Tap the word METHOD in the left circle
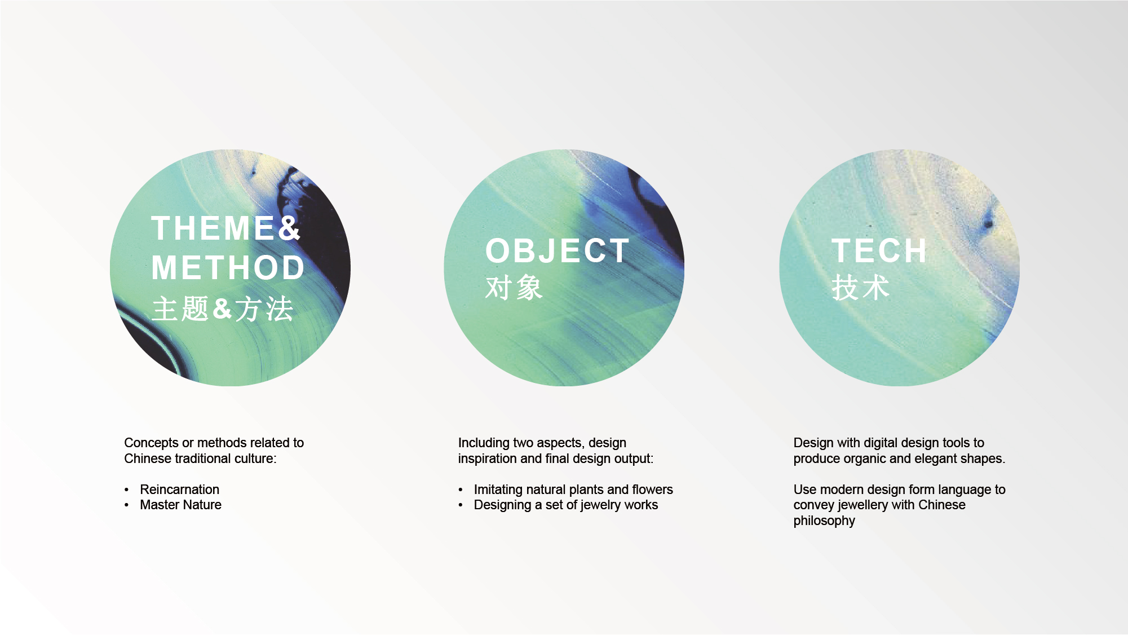pyautogui.click(x=228, y=267)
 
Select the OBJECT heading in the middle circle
pyautogui.click(x=557, y=251)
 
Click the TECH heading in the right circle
pyautogui.click(x=879, y=251)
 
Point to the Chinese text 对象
pyautogui.click(x=514, y=288)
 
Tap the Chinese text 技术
pyautogui.click(x=860, y=288)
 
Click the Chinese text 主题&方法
pyautogui.click(x=223, y=309)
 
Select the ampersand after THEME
pyautogui.click(x=289, y=228)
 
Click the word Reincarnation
pyautogui.click(x=179, y=490)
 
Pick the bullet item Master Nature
pyautogui.click(x=180, y=505)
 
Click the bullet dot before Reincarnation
pyautogui.click(x=127, y=490)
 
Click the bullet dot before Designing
pyautogui.click(x=461, y=505)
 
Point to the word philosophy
pyautogui.click(x=824, y=521)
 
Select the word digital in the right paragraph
pyautogui.click(x=882, y=443)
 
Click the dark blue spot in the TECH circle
pyautogui.click(x=988, y=223)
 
